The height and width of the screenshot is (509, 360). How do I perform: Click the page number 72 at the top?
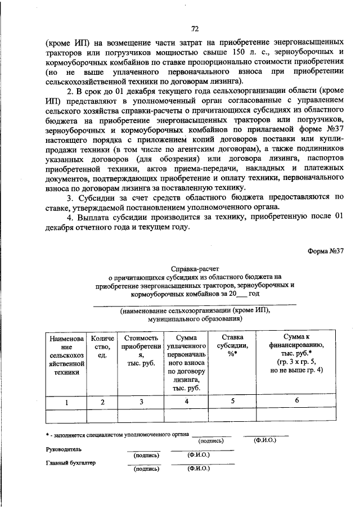click(x=195, y=28)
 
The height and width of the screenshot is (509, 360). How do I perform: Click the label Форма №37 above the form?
click(x=325, y=251)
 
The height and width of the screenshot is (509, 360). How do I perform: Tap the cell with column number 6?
click(x=296, y=400)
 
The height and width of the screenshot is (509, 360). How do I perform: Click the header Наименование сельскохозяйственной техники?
click(x=66, y=359)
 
